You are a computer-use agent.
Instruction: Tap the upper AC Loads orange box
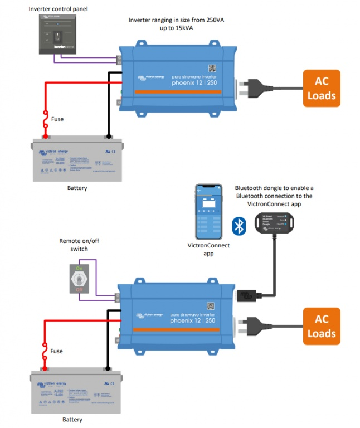pyautogui.click(x=322, y=88)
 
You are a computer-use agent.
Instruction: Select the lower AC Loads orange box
pyautogui.click(x=322, y=326)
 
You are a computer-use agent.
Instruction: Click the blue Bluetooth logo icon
pyautogui.click(x=239, y=226)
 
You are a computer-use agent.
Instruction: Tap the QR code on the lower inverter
pyautogui.click(x=211, y=305)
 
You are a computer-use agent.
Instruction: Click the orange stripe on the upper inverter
pyautogui.click(x=178, y=91)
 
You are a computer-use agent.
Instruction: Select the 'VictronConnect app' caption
pyautogui.click(x=210, y=249)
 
